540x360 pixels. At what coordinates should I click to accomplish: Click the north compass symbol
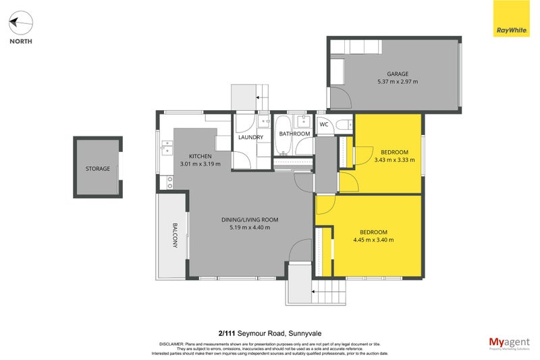point(20,24)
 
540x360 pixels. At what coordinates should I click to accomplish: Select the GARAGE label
point(398,74)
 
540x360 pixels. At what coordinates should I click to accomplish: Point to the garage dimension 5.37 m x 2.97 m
point(398,82)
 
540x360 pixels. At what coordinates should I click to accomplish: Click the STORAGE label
point(97,168)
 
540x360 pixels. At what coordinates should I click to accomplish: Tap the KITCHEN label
point(200,156)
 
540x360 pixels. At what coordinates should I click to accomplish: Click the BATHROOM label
point(295,134)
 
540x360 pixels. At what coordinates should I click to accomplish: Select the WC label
point(323,124)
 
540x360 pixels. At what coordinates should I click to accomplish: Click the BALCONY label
point(174,236)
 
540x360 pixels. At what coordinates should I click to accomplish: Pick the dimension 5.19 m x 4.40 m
point(250,228)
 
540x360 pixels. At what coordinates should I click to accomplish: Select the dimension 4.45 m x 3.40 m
point(373,240)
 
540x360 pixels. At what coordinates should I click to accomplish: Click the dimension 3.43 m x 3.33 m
point(394,160)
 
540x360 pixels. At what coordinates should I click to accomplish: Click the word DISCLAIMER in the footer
point(175,343)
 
